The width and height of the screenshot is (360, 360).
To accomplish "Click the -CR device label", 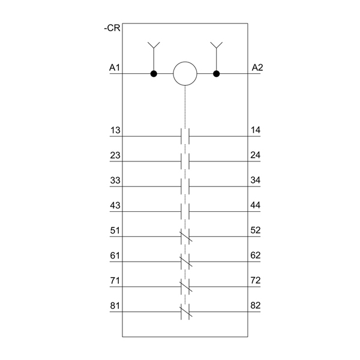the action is point(112,28).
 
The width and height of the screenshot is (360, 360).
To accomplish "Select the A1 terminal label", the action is point(115,68).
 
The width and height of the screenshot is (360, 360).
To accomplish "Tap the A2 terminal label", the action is point(257,67).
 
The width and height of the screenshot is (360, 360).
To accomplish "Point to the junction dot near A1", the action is point(154,74).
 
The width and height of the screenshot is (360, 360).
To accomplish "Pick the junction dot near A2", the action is point(216,74).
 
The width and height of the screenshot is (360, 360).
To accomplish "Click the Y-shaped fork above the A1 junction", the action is point(154,45).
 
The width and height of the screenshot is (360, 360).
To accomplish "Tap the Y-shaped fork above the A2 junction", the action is point(216,45).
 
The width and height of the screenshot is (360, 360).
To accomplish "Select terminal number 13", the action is point(115,130).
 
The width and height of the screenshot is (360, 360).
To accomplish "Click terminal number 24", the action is point(256,155).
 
